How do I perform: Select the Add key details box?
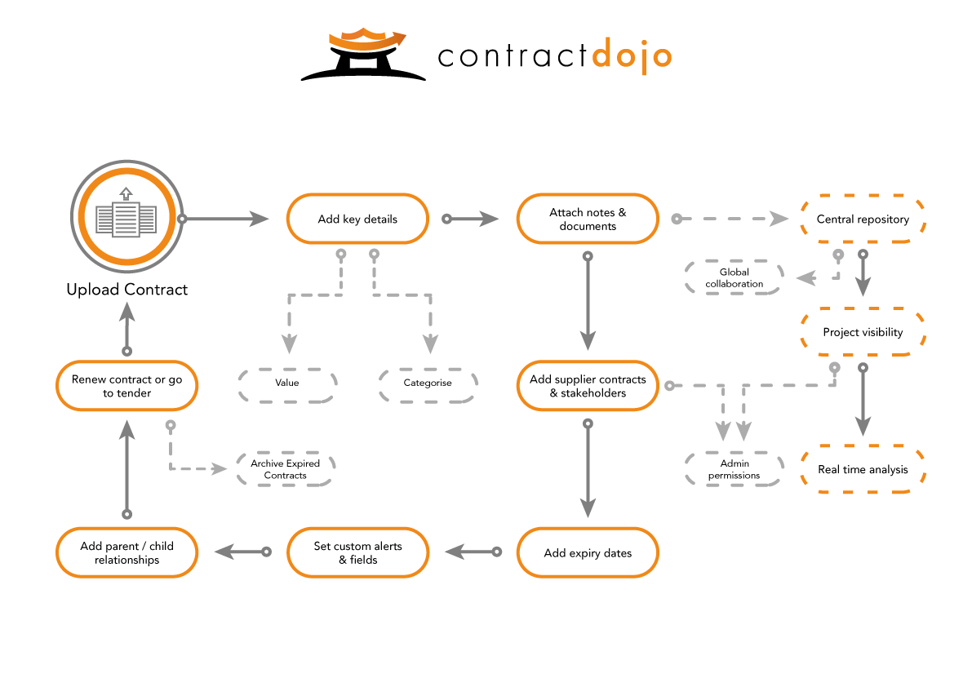(357, 219)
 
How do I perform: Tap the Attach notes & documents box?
(588, 219)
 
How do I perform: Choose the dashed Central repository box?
(863, 219)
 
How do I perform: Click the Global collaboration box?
(734, 277)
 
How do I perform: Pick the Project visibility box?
(863, 332)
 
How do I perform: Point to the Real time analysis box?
(863, 469)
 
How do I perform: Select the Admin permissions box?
(734, 469)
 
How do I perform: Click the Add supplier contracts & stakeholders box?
(588, 386)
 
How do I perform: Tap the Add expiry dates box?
(588, 552)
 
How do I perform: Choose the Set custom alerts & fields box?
(357, 552)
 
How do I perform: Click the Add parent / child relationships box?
(126, 552)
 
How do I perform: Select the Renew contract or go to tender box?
(126, 386)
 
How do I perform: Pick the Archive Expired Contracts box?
(285, 469)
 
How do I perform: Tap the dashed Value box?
(286, 383)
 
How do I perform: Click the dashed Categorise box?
(427, 383)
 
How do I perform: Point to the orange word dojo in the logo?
(632, 55)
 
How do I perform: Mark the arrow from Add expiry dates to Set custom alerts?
(473, 552)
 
